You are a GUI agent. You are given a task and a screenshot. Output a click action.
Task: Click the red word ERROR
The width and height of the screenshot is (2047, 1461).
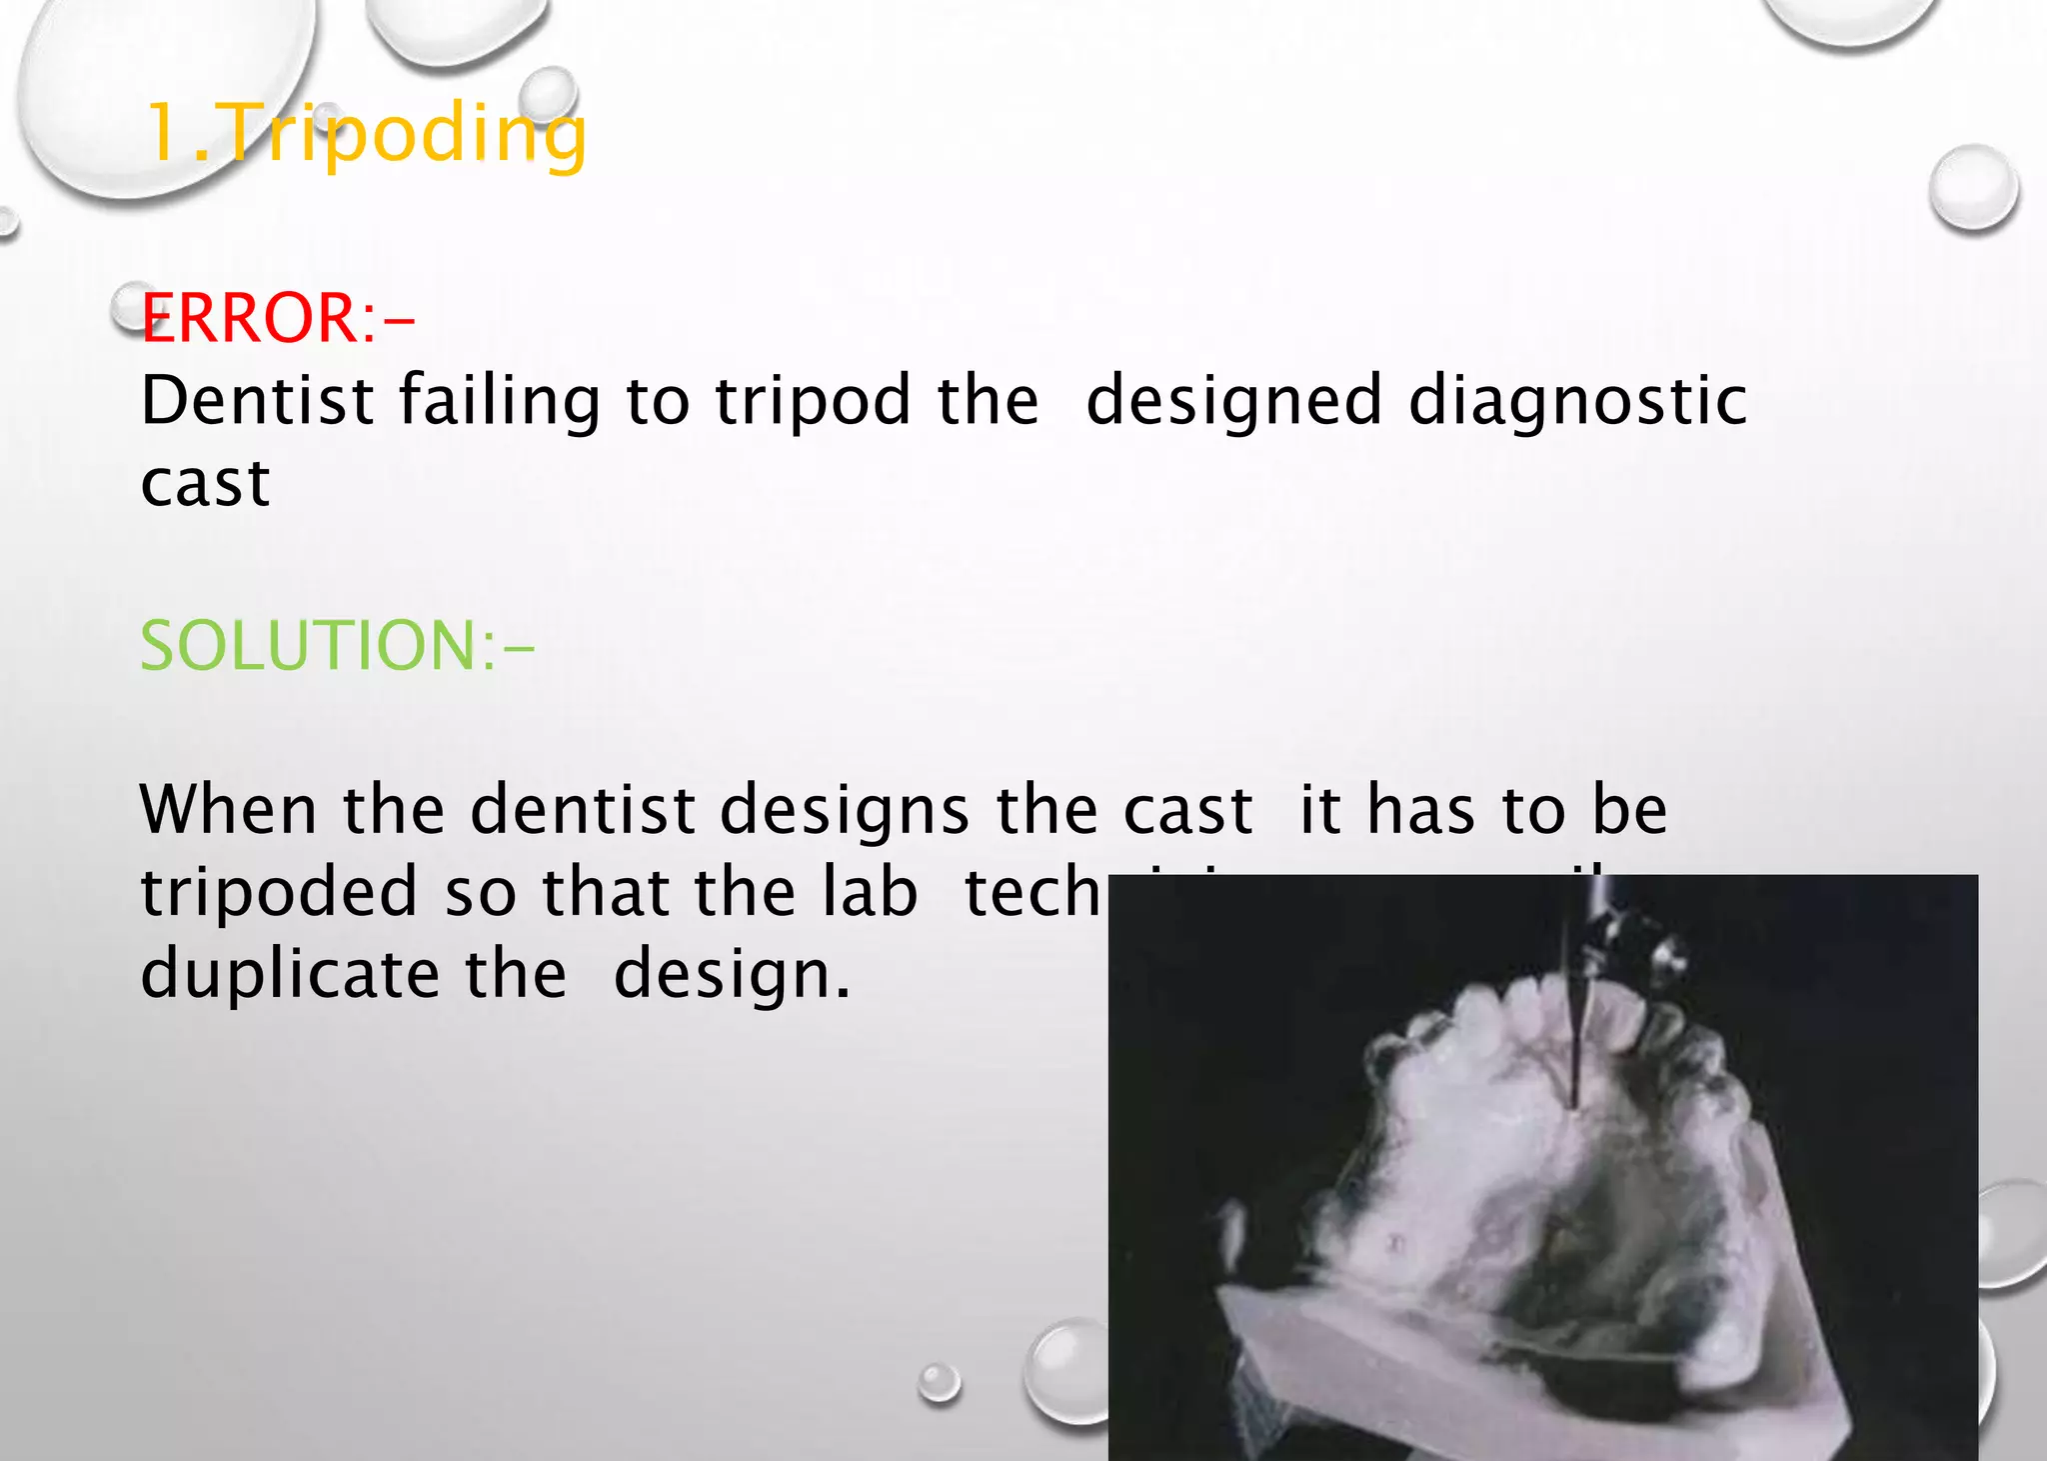point(249,319)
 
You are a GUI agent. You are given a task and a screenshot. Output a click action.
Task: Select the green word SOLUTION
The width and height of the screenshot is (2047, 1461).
point(310,646)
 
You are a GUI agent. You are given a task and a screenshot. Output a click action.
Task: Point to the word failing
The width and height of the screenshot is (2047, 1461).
point(500,401)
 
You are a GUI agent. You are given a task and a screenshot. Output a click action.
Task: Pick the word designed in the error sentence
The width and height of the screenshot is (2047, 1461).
point(1233,401)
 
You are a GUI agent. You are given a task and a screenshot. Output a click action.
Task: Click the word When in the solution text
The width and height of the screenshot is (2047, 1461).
point(228,809)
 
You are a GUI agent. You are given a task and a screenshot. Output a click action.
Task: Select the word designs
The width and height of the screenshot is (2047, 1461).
point(845,809)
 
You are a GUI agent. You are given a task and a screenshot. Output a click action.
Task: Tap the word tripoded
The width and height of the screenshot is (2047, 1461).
point(279,892)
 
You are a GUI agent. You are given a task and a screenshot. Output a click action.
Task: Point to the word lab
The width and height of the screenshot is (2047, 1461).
point(869,892)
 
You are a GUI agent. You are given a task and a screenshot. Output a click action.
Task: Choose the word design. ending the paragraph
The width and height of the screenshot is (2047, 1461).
point(732,974)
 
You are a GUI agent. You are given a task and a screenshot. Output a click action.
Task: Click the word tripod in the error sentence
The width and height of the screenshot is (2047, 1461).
point(813,401)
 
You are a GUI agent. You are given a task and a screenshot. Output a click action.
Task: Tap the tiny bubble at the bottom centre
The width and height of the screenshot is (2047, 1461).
point(940,1383)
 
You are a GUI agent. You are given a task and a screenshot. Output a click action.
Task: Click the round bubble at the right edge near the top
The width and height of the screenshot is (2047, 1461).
point(1973,188)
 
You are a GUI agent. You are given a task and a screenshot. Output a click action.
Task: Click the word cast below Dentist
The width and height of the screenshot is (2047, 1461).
point(205,484)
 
